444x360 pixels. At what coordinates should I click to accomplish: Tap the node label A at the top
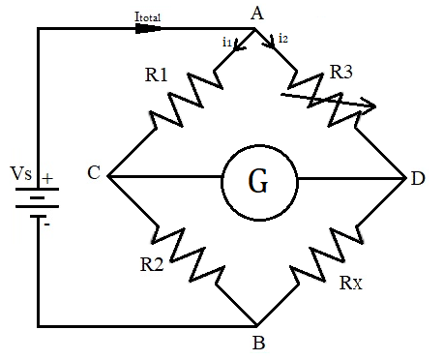coord(255,13)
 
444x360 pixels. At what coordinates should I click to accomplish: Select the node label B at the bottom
coord(257,343)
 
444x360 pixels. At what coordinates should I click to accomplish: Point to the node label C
coord(93,174)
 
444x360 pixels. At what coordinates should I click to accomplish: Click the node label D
coord(417,178)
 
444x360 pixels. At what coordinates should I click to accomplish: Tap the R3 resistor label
coord(341,72)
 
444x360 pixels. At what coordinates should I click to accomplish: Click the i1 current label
coord(226,42)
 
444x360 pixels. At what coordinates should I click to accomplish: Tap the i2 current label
coord(282,38)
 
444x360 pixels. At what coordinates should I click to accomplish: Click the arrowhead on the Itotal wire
coord(148,29)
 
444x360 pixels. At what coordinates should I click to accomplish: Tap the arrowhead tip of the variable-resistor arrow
coord(373,105)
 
